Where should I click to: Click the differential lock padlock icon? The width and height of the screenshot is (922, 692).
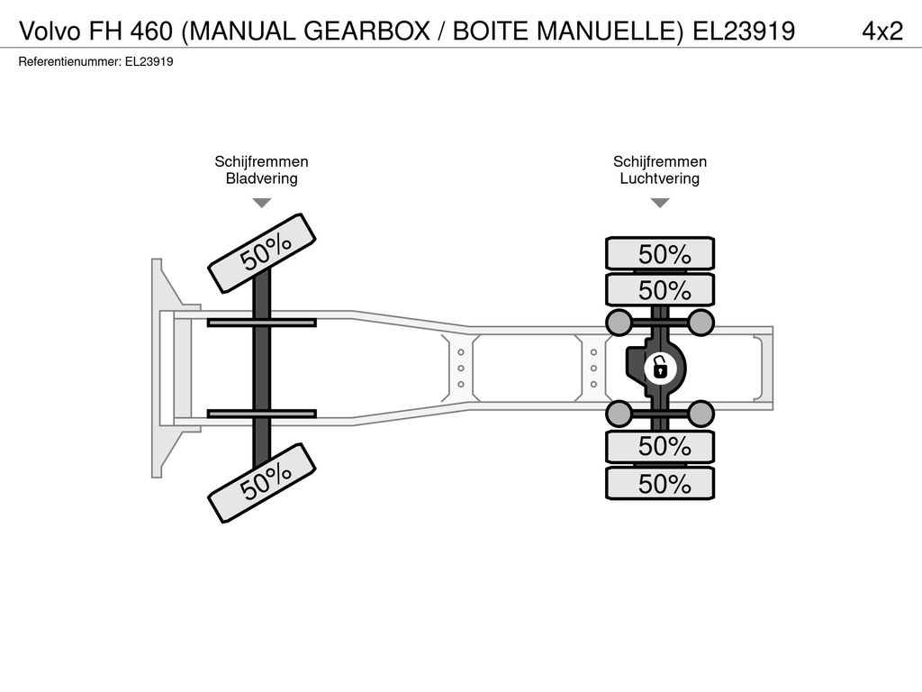(x=660, y=369)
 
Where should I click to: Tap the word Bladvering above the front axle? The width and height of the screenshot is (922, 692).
(x=262, y=178)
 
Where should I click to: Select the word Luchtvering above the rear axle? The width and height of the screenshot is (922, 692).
(x=660, y=178)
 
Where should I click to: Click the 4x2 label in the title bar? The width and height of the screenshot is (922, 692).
(x=882, y=31)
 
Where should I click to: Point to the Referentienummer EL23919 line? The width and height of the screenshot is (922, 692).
(x=95, y=62)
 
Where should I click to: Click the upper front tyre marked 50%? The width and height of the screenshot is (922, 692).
(x=262, y=253)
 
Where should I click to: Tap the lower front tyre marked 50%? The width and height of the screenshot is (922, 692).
(x=262, y=483)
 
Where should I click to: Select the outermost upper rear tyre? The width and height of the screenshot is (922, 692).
(x=660, y=253)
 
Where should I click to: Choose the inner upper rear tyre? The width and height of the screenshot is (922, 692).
(x=660, y=289)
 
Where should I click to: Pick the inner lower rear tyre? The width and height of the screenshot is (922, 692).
(x=660, y=447)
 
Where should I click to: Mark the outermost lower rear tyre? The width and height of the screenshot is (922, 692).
(x=660, y=483)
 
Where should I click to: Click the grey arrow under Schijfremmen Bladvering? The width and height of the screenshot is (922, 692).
(x=262, y=203)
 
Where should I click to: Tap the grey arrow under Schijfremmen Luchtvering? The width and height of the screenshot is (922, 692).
(x=660, y=203)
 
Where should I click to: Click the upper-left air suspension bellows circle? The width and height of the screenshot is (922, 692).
(x=619, y=322)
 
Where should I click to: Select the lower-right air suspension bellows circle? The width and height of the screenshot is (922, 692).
(x=701, y=414)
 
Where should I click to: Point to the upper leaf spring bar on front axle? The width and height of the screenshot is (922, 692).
(x=262, y=323)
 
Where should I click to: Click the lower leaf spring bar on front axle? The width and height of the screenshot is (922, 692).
(x=262, y=414)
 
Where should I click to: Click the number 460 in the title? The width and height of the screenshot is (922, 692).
(x=151, y=31)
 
